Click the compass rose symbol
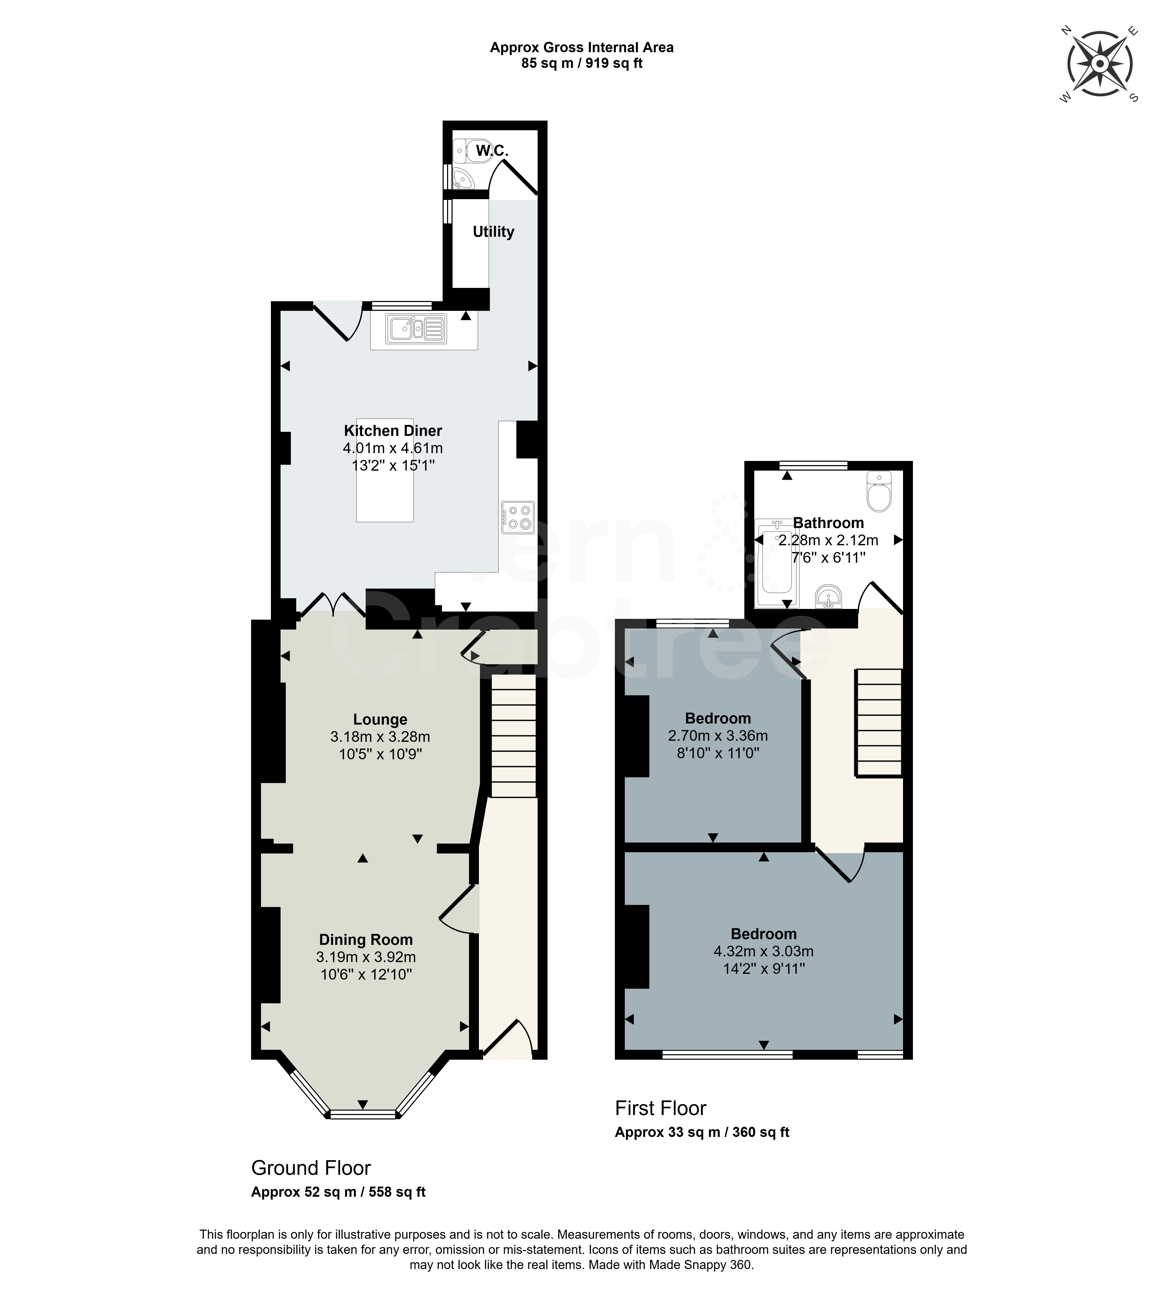1100,64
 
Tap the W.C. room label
492,151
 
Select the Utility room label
493,232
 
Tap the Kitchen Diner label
393,430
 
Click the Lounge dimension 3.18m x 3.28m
380,737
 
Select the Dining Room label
366,940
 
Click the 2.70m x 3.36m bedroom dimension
718,736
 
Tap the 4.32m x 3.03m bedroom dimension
764,951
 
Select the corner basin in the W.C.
462,178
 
